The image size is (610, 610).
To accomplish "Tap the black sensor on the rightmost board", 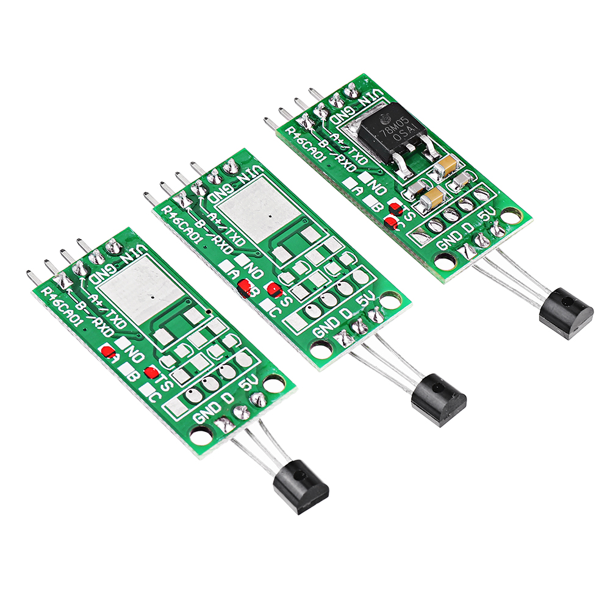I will click(x=566, y=313).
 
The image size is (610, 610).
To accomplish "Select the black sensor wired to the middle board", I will click(x=439, y=399).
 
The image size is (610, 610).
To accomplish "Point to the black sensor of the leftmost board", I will click(x=301, y=486).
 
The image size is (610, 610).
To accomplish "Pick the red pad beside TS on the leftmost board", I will click(x=151, y=373).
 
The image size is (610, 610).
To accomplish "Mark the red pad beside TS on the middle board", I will click(x=275, y=291).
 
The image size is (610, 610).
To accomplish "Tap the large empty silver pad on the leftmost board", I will click(x=142, y=289).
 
